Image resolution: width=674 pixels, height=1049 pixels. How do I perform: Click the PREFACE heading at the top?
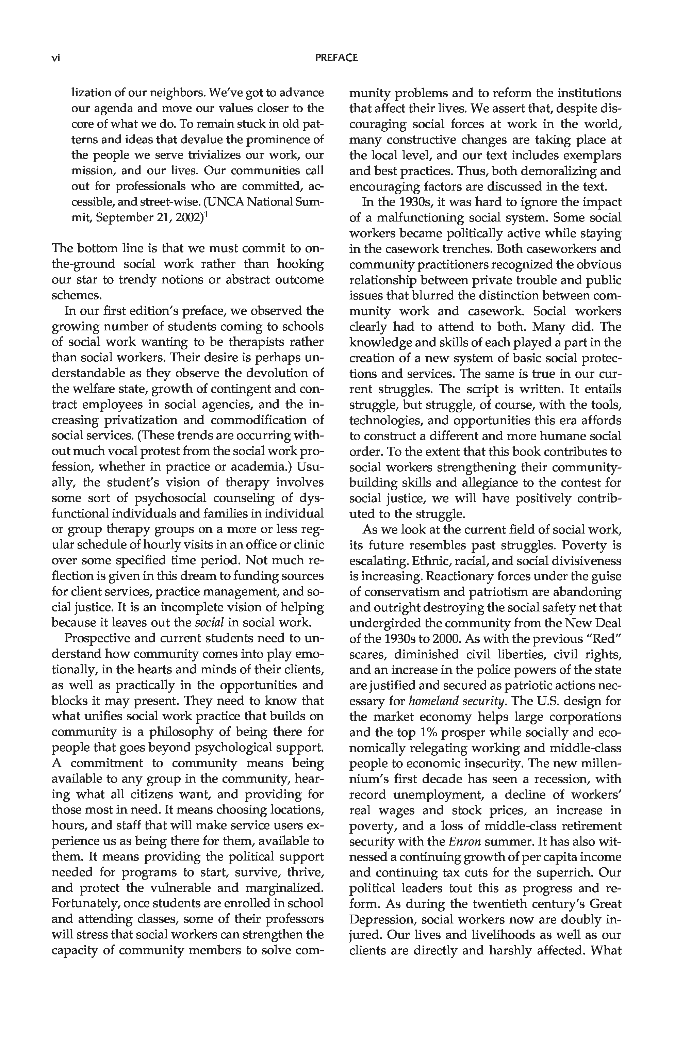pos(336,58)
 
